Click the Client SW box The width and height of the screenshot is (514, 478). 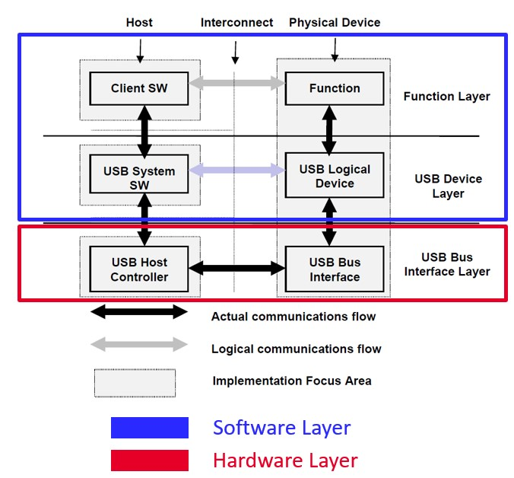pyautogui.click(x=139, y=88)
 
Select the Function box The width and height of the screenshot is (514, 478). pyautogui.click(x=334, y=88)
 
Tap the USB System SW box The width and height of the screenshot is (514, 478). pyautogui.click(x=139, y=178)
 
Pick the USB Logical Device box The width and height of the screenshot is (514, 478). pyautogui.click(x=335, y=176)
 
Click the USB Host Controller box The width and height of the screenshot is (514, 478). pyautogui.click(x=139, y=269)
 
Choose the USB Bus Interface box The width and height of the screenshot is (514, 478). pyautogui.click(x=335, y=269)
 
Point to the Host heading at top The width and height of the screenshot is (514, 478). pyautogui.click(x=139, y=22)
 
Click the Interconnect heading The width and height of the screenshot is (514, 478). pyautogui.click(x=236, y=22)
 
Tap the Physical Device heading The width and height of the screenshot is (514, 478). pyautogui.click(x=335, y=22)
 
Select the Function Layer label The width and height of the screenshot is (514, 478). pyautogui.click(x=446, y=97)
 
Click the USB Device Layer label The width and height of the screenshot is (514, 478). pyautogui.click(x=448, y=186)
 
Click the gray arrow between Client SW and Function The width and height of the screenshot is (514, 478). pyautogui.click(x=236, y=83)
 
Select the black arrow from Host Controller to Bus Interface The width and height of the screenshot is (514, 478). pyautogui.click(x=236, y=268)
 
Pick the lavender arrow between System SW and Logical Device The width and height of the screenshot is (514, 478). pyautogui.click(x=236, y=170)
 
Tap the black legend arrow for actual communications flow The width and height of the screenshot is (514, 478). pyautogui.click(x=139, y=311)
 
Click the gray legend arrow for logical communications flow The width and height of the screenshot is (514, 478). pyautogui.click(x=139, y=344)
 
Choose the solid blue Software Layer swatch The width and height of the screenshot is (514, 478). pyautogui.click(x=150, y=428)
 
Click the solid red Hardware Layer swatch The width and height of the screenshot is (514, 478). pyautogui.click(x=150, y=460)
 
